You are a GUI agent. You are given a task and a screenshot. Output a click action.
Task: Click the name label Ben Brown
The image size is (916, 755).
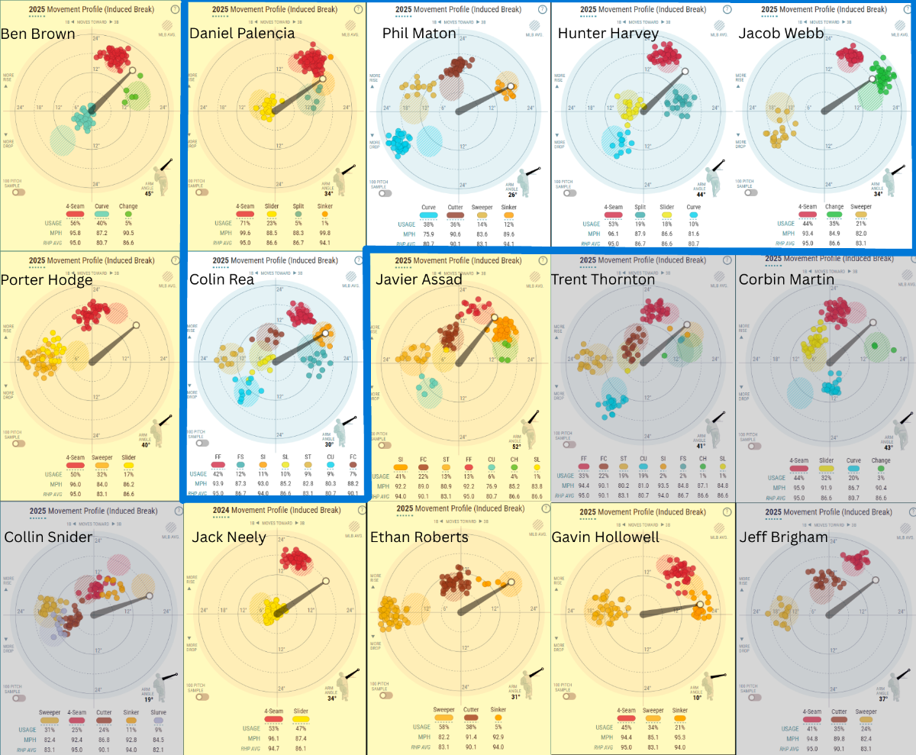click(38, 34)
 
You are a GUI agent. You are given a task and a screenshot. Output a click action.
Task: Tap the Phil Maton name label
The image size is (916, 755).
click(419, 34)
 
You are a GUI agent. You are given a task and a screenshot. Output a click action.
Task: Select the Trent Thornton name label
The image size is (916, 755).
click(603, 279)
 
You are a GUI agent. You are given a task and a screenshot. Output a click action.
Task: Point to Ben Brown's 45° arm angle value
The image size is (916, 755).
click(149, 193)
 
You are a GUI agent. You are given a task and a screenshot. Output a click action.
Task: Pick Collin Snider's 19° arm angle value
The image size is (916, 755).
click(149, 699)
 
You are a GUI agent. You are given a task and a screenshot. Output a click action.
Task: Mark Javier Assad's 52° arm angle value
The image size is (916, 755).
click(517, 447)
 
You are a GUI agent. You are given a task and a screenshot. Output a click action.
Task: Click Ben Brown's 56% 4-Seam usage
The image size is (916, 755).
click(76, 223)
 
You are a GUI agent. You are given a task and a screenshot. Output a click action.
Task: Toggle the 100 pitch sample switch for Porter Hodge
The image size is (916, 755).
click(13, 443)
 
